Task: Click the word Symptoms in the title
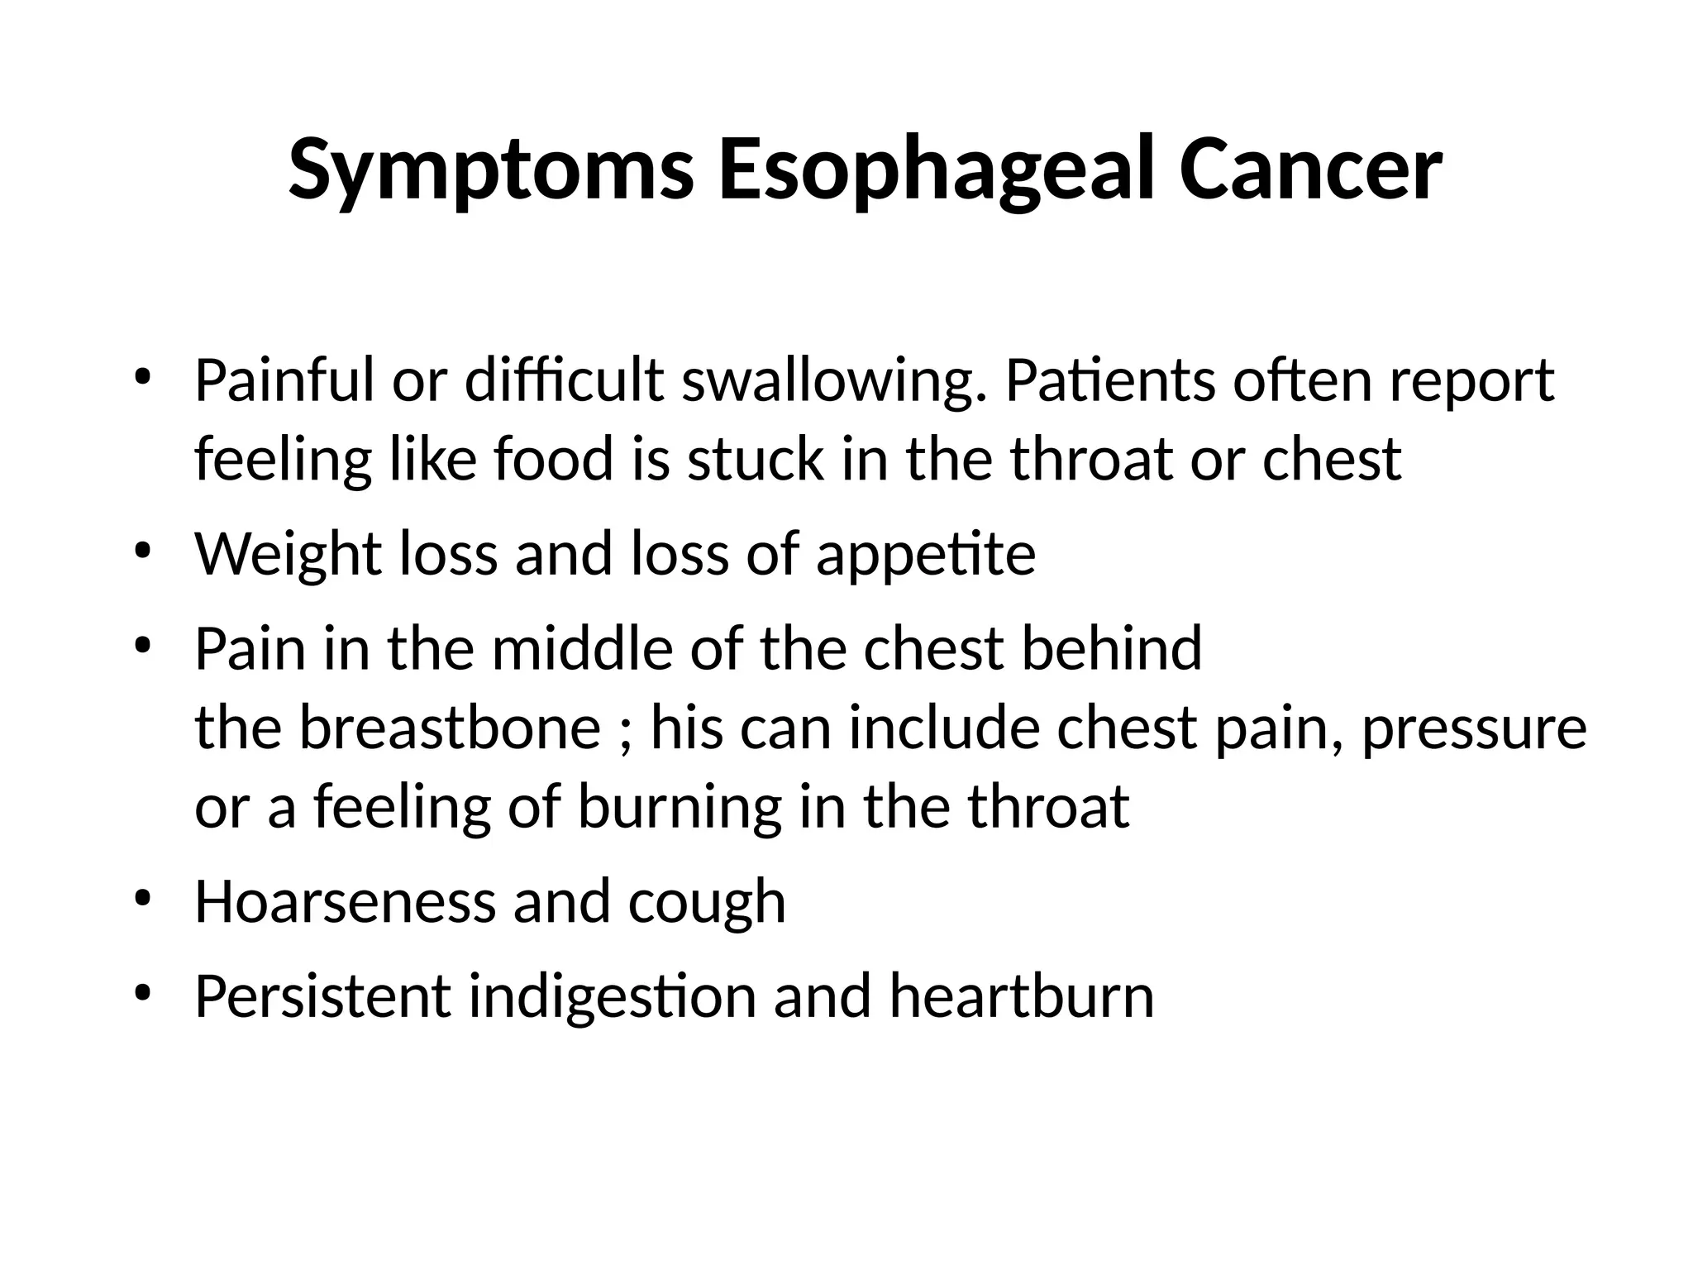pos(491,171)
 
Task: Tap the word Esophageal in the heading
pos(936,171)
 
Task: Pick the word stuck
pos(756,460)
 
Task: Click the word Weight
pos(288,554)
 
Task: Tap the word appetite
pos(926,556)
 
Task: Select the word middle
pos(583,648)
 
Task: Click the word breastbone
pos(450,728)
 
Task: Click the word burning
pos(679,809)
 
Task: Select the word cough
pos(707,903)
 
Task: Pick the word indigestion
pos(613,997)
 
